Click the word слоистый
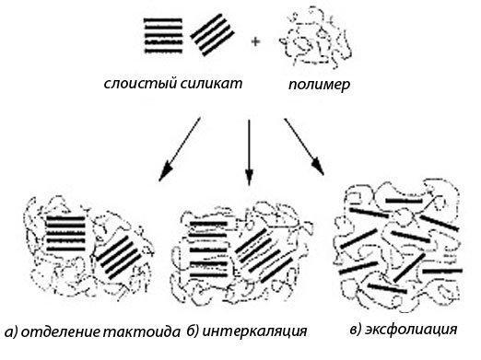140,84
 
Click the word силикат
211,83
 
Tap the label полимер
319,85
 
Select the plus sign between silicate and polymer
255,41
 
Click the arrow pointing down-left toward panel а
180,149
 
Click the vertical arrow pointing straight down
249,153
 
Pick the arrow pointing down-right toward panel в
304,146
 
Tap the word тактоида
141,332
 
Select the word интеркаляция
254,331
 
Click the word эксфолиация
411,330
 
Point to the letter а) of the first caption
12,332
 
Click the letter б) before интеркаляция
194,331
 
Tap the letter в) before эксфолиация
357,330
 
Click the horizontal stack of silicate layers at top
163,36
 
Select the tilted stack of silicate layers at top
213,35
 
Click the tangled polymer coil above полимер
315,39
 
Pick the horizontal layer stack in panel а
66,233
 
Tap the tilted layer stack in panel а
119,257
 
